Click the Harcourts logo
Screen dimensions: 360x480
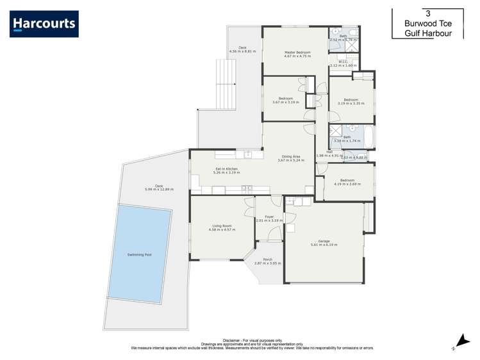(44, 24)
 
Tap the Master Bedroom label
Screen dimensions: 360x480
(297, 52)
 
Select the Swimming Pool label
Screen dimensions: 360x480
(139, 254)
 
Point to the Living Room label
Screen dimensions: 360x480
(222, 225)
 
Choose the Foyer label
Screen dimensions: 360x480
(269, 217)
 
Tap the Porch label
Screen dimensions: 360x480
(263, 259)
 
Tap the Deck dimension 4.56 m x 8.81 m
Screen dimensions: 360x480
(242, 51)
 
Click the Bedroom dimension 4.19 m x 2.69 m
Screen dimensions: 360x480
(347, 184)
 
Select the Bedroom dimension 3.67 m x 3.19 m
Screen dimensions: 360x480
(285, 102)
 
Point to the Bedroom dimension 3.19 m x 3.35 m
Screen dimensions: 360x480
(351, 103)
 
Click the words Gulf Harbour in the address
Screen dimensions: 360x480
(427, 33)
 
